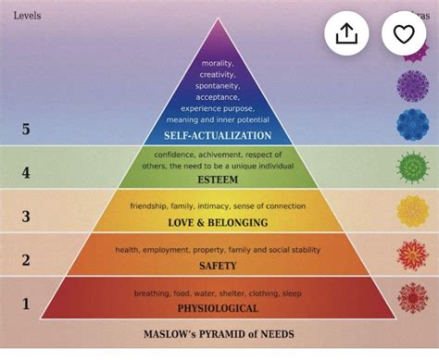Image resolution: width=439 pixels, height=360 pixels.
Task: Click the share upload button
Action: (346, 34)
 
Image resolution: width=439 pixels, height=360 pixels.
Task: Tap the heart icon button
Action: (403, 34)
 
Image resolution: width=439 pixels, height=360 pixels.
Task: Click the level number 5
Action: (26, 129)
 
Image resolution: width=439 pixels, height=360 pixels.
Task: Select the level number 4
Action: (26, 171)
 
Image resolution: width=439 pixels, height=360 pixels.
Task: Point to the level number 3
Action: (26, 217)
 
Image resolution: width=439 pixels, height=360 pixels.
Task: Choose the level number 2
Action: (26, 259)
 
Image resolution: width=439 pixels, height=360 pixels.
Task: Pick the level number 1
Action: (26, 303)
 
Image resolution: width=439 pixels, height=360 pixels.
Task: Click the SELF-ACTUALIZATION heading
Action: (218, 135)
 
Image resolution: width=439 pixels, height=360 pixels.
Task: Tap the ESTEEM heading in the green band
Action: (218, 180)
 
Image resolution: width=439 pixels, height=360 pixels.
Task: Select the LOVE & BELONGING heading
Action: (218, 223)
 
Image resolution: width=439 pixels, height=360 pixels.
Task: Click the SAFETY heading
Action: (218, 266)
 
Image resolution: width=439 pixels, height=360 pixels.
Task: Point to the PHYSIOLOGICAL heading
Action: (218, 308)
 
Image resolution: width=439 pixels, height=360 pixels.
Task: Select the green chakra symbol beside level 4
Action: (412, 168)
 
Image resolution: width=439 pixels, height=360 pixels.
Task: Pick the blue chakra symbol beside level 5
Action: (412, 123)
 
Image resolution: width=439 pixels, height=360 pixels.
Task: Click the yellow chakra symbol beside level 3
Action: (412, 211)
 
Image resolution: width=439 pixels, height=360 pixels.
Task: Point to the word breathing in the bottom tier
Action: (152, 293)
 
